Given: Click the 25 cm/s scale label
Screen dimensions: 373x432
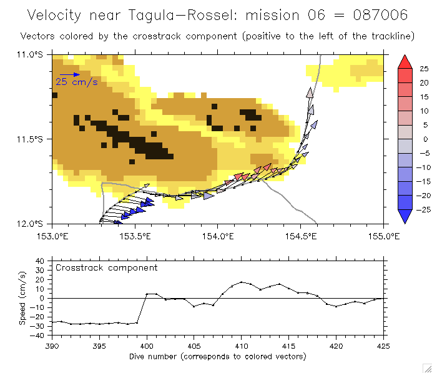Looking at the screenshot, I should [x=77, y=82].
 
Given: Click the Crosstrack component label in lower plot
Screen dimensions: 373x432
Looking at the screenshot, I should [x=107, y=267].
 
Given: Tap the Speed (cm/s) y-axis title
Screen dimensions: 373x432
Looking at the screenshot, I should [x=22, y=298].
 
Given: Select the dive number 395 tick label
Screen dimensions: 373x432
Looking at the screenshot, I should [x=99, y=345].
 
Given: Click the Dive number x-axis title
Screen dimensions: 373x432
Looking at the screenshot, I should [x=218, y=356].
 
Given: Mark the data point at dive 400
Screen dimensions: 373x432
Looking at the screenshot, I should [x=147, y=294].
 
